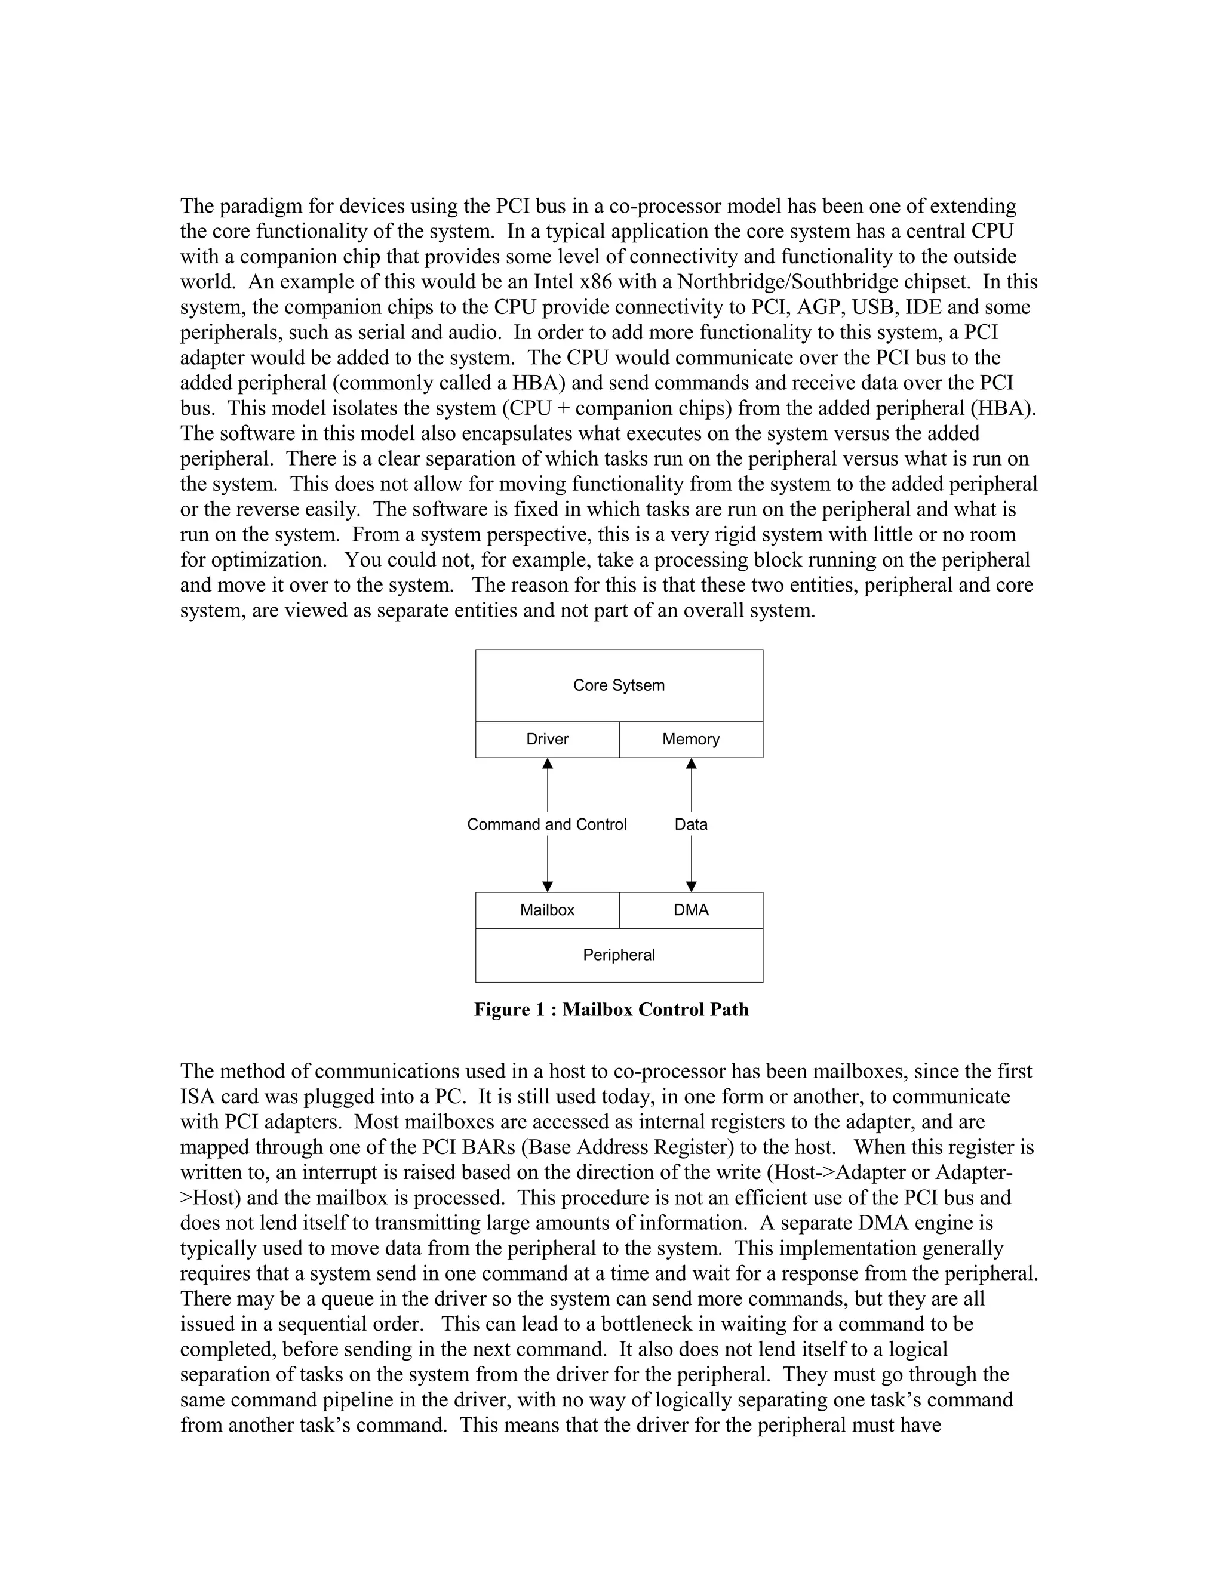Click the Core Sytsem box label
618,685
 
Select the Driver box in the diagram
547,740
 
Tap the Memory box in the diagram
690,740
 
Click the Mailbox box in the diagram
547,910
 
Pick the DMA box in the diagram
690,910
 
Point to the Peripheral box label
618,955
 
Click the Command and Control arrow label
547,824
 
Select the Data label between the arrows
690,824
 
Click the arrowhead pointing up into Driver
548,764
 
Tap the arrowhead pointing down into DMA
691,887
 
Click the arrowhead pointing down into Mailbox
548,887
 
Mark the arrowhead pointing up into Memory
691,764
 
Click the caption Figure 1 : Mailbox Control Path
611,1009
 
